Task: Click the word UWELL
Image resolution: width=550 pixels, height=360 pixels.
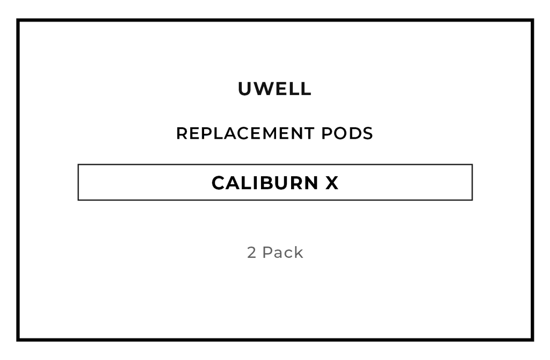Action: [x=274, y=89]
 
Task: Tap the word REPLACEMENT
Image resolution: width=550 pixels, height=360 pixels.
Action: [x=245, y=133]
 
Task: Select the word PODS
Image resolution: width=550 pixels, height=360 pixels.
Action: [x=347, y=133]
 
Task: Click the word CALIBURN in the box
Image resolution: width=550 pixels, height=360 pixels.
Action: [x=265, y=183]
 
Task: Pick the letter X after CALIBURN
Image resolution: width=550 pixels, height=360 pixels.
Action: [x=332, y=183]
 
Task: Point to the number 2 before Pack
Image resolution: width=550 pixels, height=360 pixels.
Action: [x=251, y=253]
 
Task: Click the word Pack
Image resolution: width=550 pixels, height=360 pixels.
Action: [x=283, y=253]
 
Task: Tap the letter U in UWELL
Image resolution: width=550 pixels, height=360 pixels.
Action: [x=245, y=89]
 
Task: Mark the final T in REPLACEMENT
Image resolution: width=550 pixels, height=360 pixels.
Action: [x=309, y=133]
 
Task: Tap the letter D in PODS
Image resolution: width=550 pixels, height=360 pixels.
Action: [x=354, y=133]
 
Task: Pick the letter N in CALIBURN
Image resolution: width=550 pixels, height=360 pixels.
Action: [x=312, y=183]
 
